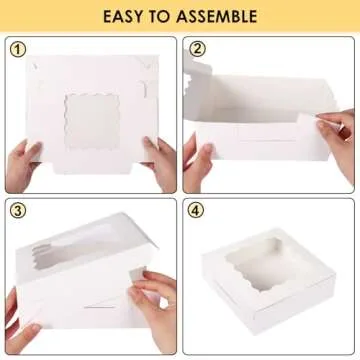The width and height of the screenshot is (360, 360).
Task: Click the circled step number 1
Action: tap(17, 49)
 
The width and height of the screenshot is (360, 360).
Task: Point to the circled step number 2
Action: tap(196, 49)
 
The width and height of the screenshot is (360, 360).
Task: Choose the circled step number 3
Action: tap(17, 211)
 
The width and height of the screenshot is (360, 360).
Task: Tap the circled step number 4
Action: tap(196, 211)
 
